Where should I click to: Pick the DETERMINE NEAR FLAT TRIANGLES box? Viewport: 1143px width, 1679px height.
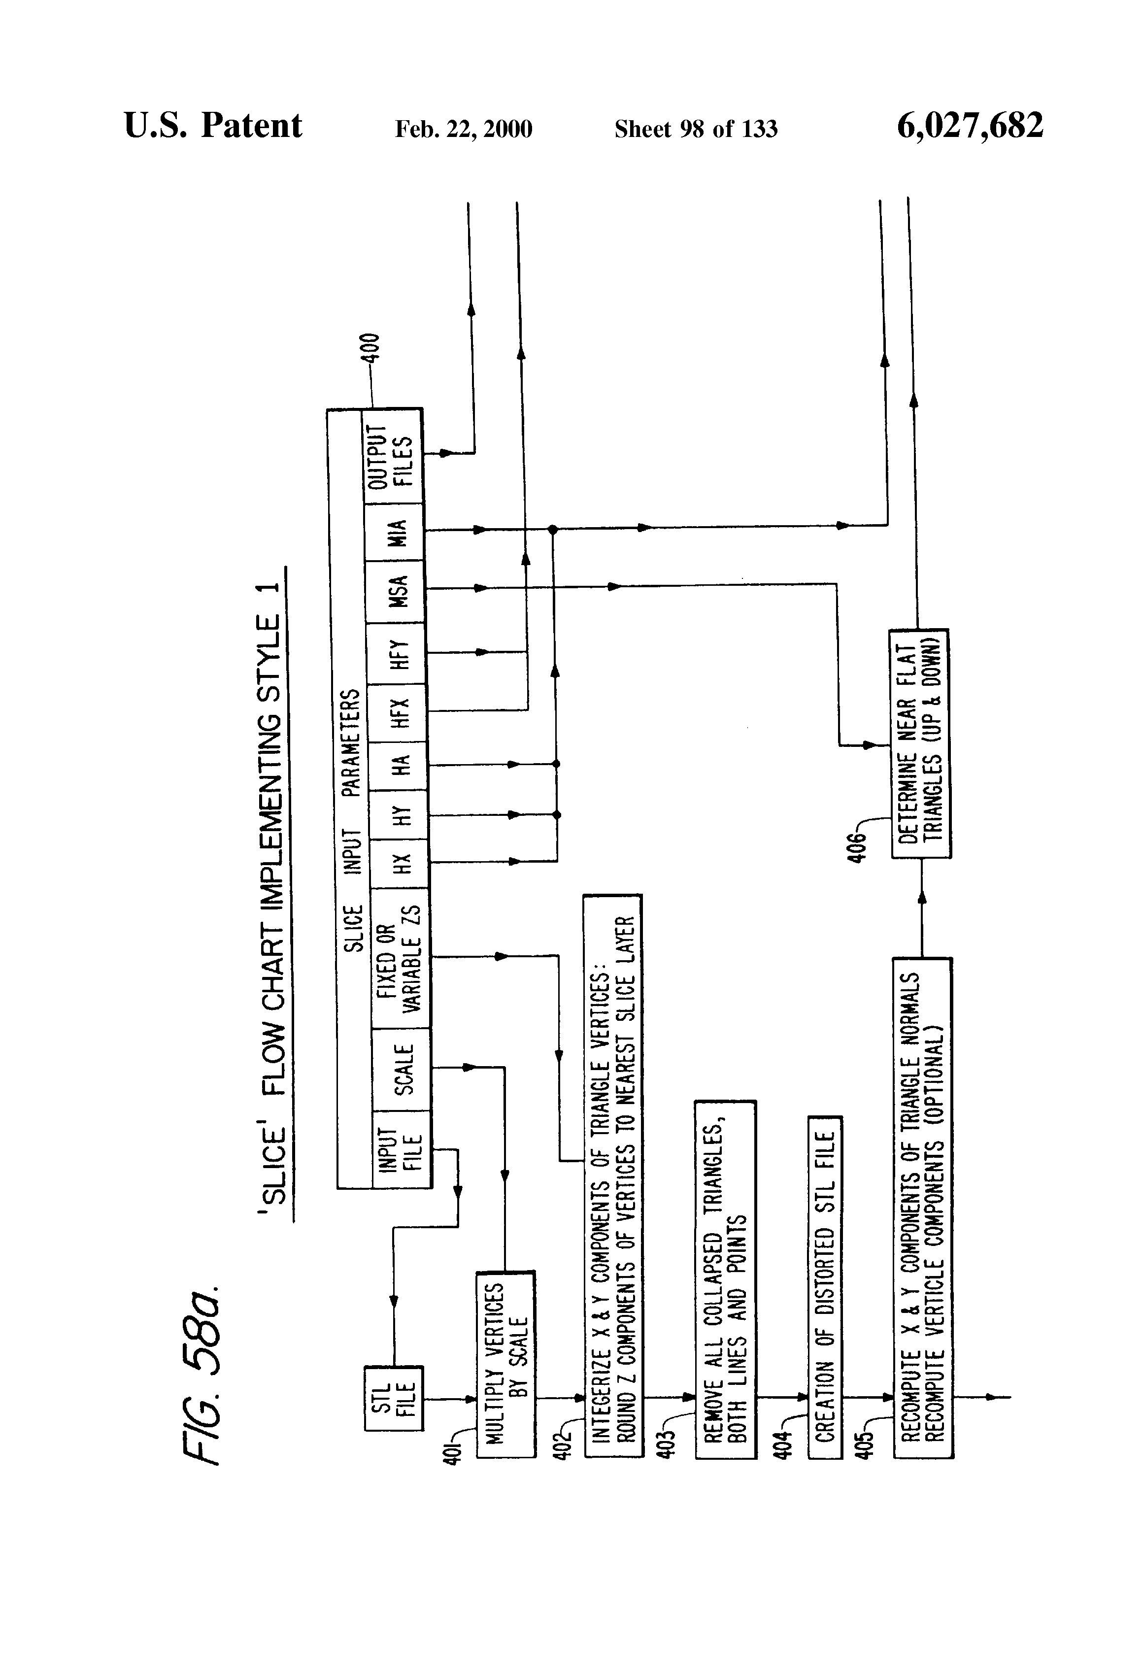click(920, 743)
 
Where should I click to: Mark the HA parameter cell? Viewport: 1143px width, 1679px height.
click(399, 765)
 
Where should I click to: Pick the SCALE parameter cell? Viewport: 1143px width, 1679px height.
click(402, 1069)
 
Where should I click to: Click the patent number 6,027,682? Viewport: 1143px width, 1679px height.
click(970, 125)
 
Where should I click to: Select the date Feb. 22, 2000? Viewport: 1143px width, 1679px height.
click(463, 129)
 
